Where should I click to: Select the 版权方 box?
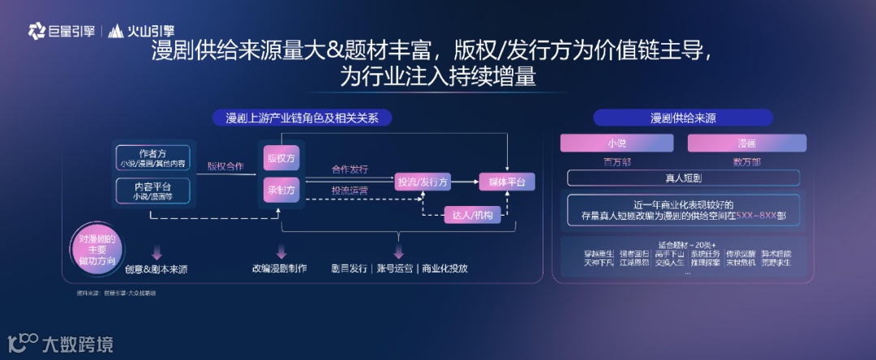(x=280, y=158)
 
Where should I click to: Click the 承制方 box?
(x=280, y=190)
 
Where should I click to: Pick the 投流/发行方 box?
(x=422, y=182)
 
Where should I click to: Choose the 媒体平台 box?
(x=507, y=182)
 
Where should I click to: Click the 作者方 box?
(x=153, y=156)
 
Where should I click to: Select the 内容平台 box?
(x=153, y=191)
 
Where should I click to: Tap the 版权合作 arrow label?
(x=225, y=166)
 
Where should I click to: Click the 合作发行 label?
(x=350, y=169)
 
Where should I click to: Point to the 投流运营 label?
(x=350, y=191)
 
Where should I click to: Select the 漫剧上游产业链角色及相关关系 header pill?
(x=302, y=118)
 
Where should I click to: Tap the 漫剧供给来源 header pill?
(x=683, y=118)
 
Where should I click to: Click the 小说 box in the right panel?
(x=617, y=144)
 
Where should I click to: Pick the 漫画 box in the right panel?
(x=747, y=144)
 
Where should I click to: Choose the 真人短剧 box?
(x=682, y=177)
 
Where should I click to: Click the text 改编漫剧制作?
(x=279, y=268)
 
